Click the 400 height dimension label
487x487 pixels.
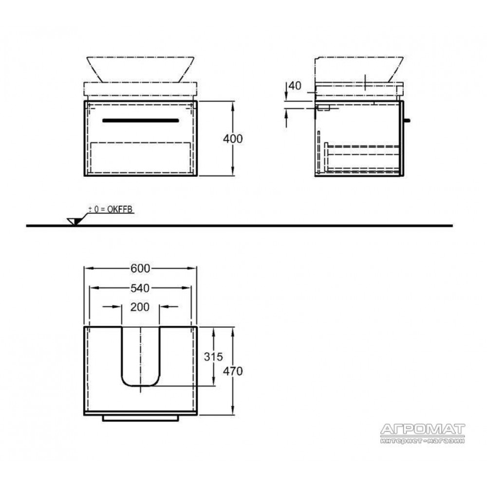[233, 138]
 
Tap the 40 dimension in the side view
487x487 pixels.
[295, 85]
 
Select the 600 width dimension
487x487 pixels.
[140, 268]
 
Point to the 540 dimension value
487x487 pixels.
[140, 288]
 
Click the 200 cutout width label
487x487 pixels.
[140, 307]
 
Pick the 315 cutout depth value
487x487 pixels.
[213, 356]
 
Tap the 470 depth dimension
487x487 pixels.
[233, 371]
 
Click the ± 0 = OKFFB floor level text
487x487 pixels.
[111, 209]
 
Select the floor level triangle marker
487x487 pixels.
[75, 222]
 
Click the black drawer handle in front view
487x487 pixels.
[141, 120]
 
